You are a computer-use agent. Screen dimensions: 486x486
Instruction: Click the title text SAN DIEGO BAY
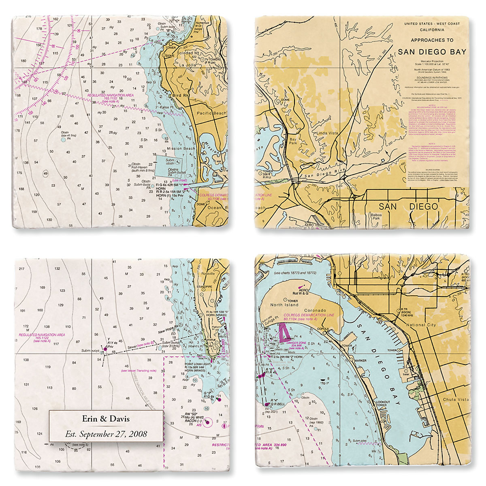pos(432,52)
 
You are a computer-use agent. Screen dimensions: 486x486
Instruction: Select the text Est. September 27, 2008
pos(107,434)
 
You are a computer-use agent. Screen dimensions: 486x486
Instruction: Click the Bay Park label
pos(293,141)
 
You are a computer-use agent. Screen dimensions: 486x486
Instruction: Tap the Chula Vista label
pos(455,399)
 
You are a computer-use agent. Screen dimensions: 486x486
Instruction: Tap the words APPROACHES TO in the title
pos(432,40)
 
